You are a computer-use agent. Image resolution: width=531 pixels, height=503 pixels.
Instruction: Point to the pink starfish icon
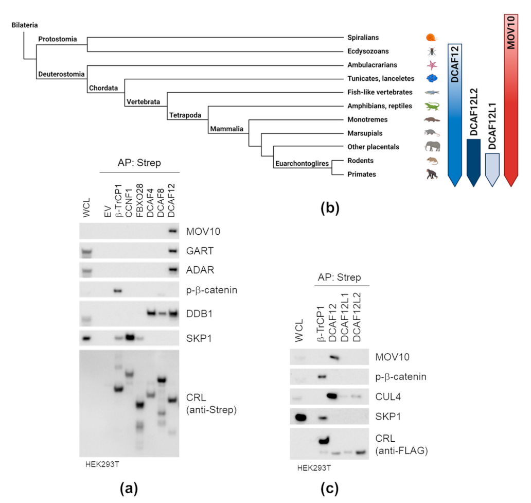[x=431, y=65]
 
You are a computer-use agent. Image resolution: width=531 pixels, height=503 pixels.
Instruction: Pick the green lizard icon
[x=432, y=106]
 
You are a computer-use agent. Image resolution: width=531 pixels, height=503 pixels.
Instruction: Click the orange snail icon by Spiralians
[x=431, y=38]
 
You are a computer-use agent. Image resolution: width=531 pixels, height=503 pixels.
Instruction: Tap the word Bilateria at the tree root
[x=25, y=25]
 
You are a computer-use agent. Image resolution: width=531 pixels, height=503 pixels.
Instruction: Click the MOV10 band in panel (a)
[x=172, y=231]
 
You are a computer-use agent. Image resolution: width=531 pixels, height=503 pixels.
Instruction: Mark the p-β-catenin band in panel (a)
[x=117, y=291]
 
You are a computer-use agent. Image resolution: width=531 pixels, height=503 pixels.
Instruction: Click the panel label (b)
[x=329, y=209]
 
